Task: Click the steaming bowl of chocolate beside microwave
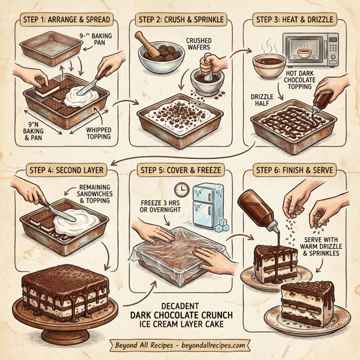coord(266,65)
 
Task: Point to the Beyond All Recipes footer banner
coord(180,346)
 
